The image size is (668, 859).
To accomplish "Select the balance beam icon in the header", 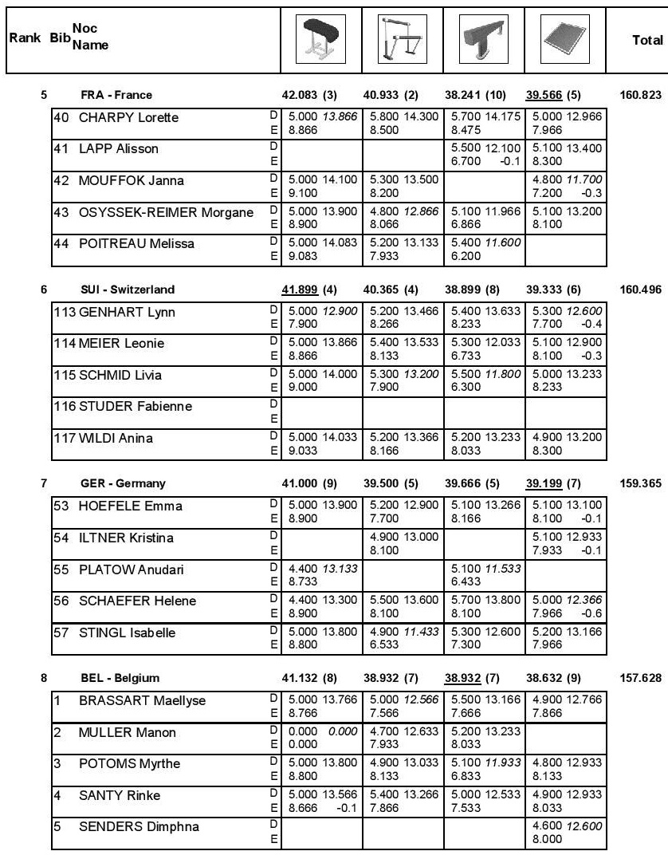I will pos(483,38).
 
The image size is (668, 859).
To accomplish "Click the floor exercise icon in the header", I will pos(565,38).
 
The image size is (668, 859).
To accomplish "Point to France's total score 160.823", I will pos(641,95).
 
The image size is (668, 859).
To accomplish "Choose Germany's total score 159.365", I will pos(641,483).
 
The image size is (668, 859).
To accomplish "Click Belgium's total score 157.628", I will pos(641,678).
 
